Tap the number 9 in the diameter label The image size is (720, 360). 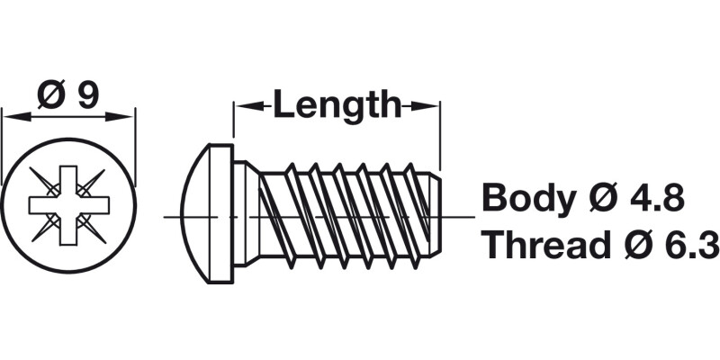click(x=87, y=94)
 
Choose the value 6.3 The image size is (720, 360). click(x=688, y=244)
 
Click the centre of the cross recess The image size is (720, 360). click(x=67, y=204)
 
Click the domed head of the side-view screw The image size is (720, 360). click(x=197, y=216)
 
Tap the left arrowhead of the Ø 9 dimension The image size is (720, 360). click(x=13, y=114)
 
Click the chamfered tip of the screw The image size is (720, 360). click(x=434, y=216)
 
